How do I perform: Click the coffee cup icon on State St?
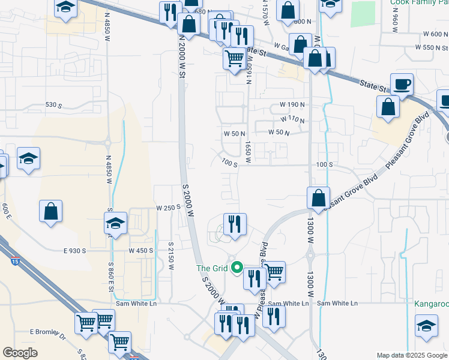[x=402, y=84]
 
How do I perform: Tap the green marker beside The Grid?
[x=238, y=268]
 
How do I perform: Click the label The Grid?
[x=212, y=268]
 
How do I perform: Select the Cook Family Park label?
[x=419, y=2]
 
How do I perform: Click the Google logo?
[x=20, y=352]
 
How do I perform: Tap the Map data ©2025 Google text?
[x=412, y=355]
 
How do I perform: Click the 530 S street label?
[x=54, y=105]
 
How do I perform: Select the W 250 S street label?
[x=169, y=207]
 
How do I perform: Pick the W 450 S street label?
[x=142, y=250]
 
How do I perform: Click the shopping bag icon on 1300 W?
[x=318, y=197]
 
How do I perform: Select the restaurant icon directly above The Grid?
[x=235, y=224]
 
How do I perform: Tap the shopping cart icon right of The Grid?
[x=274, y=271]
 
